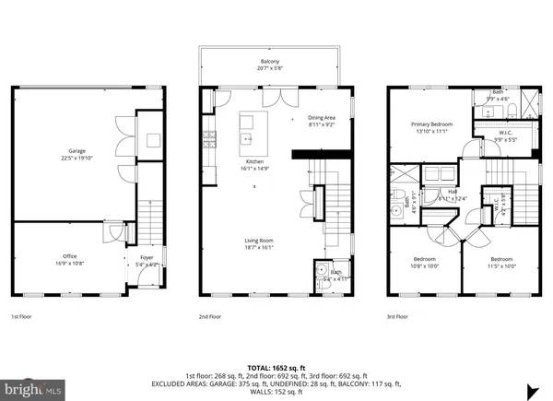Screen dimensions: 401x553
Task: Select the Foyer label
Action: coord(146,260)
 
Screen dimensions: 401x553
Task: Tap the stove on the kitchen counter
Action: coord(209,140)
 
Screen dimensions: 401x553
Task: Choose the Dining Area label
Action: coord(321,121)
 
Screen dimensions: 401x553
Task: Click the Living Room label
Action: coord(259,242)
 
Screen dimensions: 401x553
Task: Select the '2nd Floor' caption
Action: coord(209,316)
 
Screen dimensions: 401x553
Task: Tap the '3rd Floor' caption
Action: coord(399,316)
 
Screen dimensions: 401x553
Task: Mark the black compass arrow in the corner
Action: coord(533,388)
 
